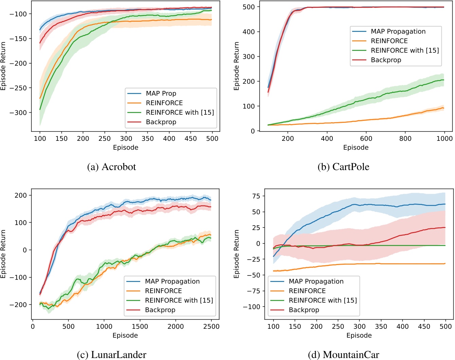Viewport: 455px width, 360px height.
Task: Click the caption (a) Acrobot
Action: (111, 167)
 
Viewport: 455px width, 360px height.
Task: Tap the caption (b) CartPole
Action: (343, 167)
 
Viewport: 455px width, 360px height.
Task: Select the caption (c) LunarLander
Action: (111, 355)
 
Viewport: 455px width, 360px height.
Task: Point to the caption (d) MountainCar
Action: (343, 355)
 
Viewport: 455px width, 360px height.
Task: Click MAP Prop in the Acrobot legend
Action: (161, 93)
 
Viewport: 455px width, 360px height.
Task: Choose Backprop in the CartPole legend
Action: (386, 60)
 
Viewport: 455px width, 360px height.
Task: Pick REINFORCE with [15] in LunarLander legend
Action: (179, 300)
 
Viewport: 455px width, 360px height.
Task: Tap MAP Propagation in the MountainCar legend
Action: (316, 281)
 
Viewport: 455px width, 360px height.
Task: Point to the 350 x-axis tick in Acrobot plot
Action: (148, 138)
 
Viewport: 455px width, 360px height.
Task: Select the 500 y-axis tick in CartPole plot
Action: (249, 7)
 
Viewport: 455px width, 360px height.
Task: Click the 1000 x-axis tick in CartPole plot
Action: (444, 138)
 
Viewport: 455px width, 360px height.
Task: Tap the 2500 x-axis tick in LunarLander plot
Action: (211, 326)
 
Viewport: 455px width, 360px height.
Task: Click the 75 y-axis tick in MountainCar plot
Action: (256, 196)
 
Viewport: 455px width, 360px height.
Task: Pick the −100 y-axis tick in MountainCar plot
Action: (251, 307)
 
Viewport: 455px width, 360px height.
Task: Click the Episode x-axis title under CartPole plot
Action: (356, 148)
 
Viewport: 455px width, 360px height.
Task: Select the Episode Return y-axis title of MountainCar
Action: (237, 254)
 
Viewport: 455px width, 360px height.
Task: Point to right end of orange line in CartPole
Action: (443, 108)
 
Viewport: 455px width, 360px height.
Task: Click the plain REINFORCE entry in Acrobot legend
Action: (164, 103)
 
